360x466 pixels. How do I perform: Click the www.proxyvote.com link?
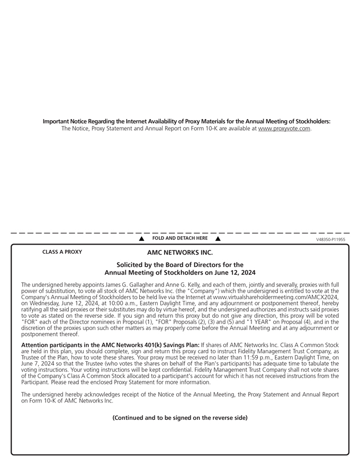coord(284,128)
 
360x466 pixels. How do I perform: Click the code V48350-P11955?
coord(330,240)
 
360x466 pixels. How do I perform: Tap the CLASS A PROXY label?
coord(62,252)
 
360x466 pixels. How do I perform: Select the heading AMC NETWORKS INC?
coord(179,253)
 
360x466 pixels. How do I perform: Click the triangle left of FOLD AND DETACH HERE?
coord(142,239)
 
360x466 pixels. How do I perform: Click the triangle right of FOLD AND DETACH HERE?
coord(218,239)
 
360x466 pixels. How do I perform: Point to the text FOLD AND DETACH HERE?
coord(179,239)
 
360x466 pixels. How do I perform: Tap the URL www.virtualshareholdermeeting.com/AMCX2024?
coord(275,298)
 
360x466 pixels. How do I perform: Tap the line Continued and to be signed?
coord(179,418)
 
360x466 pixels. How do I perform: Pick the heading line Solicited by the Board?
coord(179,265)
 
